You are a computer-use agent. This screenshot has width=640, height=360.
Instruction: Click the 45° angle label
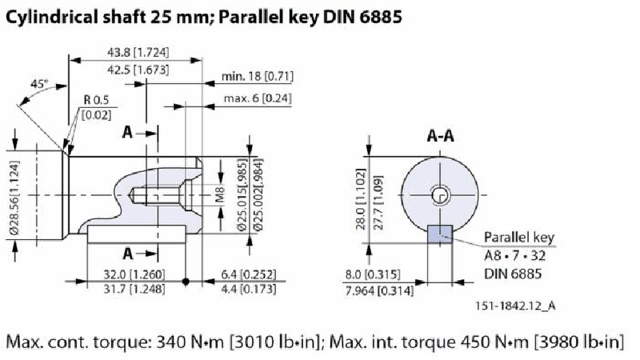(39, 83)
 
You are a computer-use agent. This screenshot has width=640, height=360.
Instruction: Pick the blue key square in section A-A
(440, 234)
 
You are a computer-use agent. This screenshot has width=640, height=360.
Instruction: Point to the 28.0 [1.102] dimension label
(362, 195)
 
